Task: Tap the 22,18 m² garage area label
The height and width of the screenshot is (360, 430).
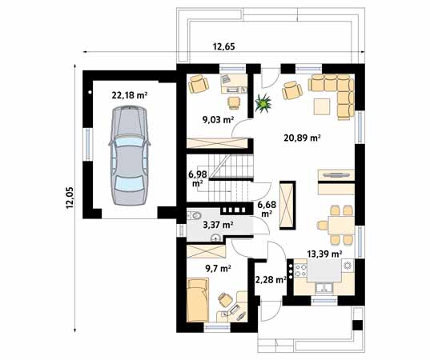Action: point(129,95)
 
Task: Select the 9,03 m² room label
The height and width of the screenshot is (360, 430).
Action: point(216,120)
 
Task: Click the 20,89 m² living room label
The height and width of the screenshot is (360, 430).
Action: point(302,138)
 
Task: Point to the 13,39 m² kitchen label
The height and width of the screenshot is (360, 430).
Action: point(324,254)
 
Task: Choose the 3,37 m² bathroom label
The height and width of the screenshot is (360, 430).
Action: point(216,226)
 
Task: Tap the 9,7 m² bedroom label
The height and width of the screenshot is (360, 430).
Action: point(218,270)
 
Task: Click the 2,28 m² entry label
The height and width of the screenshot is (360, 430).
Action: point(270,280)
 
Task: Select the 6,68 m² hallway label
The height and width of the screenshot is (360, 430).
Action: point(266,210)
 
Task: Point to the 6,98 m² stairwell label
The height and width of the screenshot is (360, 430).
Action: point(198,178)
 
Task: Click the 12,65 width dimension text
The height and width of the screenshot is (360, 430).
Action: point(224,46)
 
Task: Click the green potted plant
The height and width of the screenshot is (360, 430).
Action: point(261,102)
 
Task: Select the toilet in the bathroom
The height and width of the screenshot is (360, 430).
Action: point(195,216)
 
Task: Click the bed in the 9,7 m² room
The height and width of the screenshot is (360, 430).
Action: point(199,299)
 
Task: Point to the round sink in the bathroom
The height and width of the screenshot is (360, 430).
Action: point(215,238)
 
